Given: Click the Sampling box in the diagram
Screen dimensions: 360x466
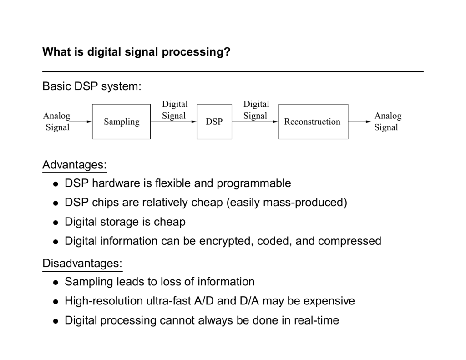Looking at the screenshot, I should point(122,122).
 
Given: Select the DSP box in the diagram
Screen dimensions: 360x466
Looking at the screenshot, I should point(214,122).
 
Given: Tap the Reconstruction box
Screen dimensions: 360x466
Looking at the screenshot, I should point(313,122).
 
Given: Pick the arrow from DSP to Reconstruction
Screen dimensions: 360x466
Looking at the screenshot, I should point(255,122).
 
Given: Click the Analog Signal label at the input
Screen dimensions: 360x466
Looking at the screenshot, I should point(57,122).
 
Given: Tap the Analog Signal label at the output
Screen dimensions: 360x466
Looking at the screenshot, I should point(387,122).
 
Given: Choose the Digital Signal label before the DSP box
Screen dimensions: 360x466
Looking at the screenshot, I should point(174,110).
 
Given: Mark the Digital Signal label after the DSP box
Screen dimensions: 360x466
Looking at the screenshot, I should point(256,110).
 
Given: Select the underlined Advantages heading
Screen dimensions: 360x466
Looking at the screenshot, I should point(74,164).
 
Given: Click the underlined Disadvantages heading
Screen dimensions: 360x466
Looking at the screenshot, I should point(82,263).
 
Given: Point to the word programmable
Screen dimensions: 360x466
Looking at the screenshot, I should point(253,183).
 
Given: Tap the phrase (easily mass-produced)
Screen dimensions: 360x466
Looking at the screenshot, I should point(286,203).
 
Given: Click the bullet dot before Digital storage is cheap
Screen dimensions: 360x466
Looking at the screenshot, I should point(55,223).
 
